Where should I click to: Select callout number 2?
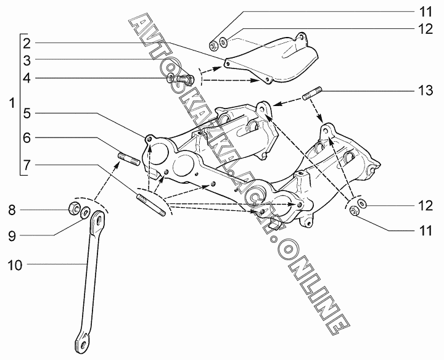28,43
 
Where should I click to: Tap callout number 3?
28,60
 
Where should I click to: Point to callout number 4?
28,78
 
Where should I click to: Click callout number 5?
28,113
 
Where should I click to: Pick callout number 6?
28,139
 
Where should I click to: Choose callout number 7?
28,165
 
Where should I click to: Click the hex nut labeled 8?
72,209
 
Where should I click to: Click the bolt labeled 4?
184,79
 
